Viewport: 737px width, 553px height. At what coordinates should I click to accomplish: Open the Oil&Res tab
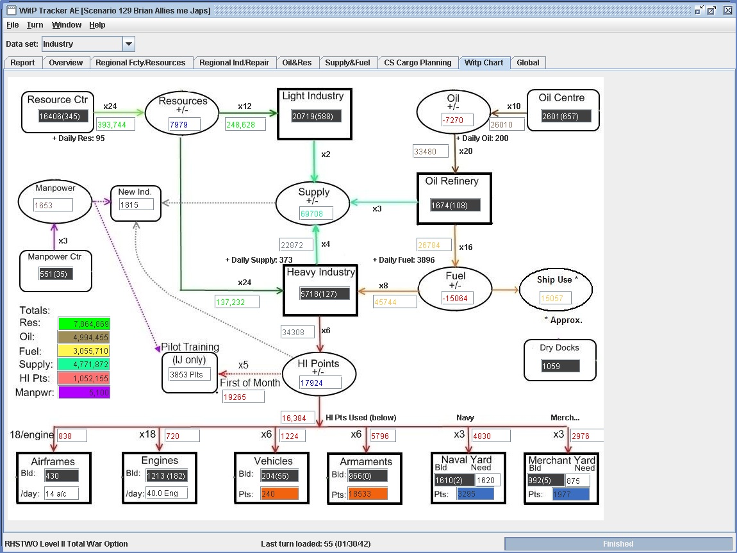click(297, 63)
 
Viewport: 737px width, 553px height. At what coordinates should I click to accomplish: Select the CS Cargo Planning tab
click(417, 63)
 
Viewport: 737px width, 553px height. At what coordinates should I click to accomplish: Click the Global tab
click(528, 63)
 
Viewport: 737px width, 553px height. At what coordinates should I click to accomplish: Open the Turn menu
click(35, 25)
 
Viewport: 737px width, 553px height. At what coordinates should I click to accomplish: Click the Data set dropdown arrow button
click(129, 44)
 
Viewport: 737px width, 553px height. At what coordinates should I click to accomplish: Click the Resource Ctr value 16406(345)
click(63, 116)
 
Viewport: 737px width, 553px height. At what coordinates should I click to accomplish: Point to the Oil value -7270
click(457, 120)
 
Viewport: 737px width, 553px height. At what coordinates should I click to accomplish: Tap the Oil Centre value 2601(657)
click(566, 116)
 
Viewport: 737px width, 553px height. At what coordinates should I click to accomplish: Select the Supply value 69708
click(317, 213)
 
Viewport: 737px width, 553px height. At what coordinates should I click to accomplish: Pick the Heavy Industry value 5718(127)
click(325, 293)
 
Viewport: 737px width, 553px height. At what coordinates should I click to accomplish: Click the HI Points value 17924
click(320, 383)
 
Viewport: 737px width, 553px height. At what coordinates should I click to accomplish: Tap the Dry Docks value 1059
click(560, 366)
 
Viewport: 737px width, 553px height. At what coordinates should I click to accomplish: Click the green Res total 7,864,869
click(84, 324)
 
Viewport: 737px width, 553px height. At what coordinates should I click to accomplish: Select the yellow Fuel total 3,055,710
click(84, 351)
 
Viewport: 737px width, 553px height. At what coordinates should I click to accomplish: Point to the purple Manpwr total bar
click(84, 392)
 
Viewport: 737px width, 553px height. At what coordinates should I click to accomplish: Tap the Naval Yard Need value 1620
click(488, 480)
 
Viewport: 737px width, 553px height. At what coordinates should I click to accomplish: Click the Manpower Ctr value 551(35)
click(56, 274)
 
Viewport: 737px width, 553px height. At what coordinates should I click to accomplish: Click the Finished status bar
click(618, 543)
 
